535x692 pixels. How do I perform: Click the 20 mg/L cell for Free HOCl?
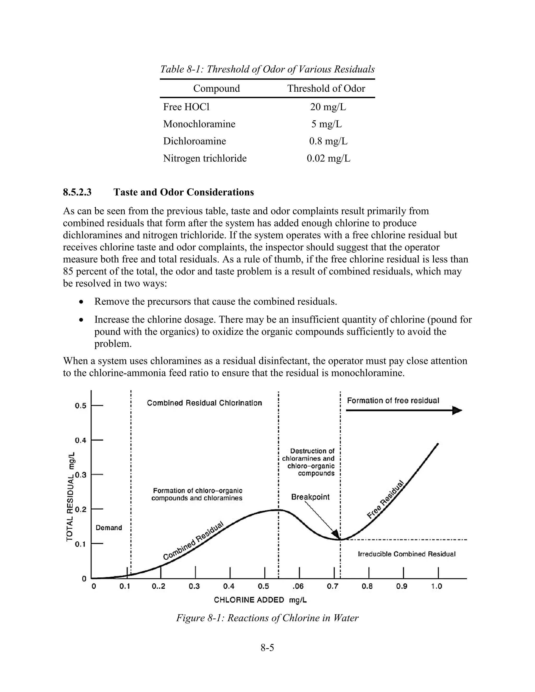[328, 107]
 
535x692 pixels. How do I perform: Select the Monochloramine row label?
[199, 124]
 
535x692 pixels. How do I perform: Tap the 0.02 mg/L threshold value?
[328, 158]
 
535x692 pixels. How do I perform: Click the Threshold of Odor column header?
[326, 89]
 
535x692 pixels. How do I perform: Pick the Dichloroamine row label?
[194, 141]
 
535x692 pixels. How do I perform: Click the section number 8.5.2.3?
[77, 192]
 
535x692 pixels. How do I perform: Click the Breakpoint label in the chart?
[310, 497]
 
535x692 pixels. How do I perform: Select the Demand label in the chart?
[109, 527]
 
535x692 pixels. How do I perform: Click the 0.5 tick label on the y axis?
[80, 406]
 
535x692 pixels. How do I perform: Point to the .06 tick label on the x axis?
[298, 587]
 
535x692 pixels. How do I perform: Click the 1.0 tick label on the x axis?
[437, 587]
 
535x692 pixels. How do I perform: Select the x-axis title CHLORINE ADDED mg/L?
[260, 600]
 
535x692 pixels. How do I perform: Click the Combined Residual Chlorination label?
[205, 403]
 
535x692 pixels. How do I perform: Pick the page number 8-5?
[267, 648]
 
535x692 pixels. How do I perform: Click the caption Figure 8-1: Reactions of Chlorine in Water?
[267, 618]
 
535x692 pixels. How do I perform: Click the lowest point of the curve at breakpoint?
[340, 539]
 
